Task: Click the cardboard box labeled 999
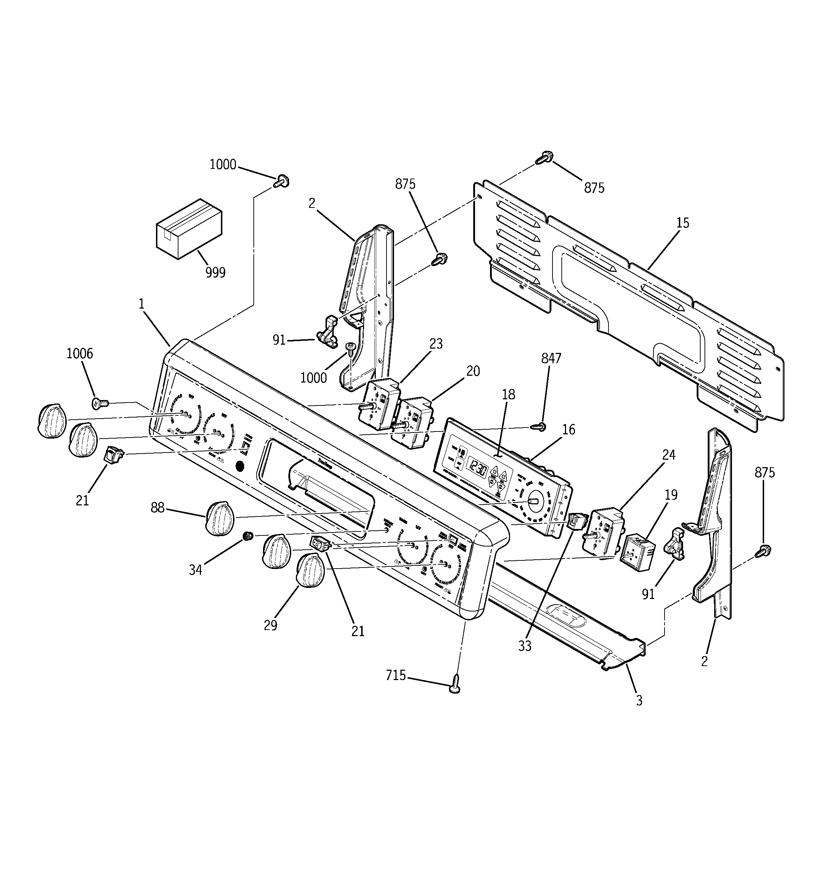click(x=189, y=229)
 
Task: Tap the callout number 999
click(x=215, y=272)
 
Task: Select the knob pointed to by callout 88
click(x=219, y=518)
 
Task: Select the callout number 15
click(x=682, y=223)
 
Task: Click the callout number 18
click(x=509, y=394)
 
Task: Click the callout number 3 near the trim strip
click(x=639, y=700)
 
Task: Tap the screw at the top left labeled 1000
click(x=281, y=181)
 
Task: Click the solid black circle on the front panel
click(x=239, y=466)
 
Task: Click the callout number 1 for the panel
click(x=141, y=304)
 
